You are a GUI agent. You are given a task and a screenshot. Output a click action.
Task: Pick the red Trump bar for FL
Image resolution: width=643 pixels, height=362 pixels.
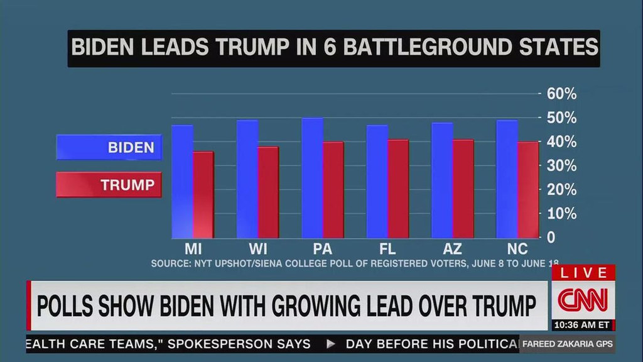(398, 189)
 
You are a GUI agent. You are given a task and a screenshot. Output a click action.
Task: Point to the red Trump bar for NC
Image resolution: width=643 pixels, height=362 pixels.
(528, 190)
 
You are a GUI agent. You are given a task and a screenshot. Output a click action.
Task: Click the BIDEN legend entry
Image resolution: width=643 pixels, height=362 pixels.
(109, 148)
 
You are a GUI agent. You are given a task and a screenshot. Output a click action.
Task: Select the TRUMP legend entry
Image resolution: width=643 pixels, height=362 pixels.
(109, 185)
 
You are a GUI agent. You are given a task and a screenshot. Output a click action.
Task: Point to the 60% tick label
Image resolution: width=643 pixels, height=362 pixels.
(561, 94)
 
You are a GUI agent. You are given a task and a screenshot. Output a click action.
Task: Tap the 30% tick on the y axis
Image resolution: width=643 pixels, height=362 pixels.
(561, 166)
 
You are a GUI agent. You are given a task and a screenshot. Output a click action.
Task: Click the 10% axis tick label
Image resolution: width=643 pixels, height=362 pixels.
(561, 214)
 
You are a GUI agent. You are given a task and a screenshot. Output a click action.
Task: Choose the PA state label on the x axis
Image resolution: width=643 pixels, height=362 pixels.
(322, 248)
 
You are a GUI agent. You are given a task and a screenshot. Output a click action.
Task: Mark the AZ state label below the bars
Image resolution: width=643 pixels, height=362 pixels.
(452, 248)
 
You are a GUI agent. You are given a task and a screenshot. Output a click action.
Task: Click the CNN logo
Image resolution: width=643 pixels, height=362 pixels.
(583, 300)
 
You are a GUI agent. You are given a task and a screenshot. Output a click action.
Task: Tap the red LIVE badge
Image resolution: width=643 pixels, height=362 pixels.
(583, 273)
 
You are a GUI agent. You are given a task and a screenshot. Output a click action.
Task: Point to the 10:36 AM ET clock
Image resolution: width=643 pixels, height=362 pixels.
(582, 325)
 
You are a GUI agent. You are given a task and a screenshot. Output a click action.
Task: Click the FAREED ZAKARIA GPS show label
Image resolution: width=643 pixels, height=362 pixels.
(566, 344)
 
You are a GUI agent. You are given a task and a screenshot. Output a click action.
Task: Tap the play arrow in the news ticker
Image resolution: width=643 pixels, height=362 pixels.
(331, 344)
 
